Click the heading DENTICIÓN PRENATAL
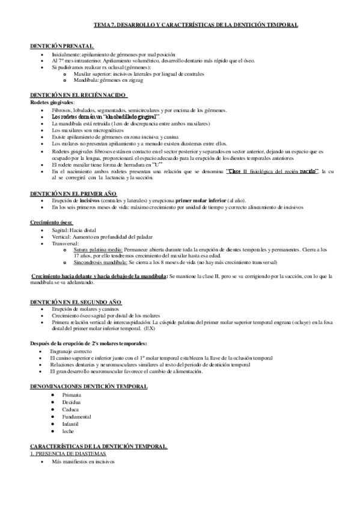[63, 46]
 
